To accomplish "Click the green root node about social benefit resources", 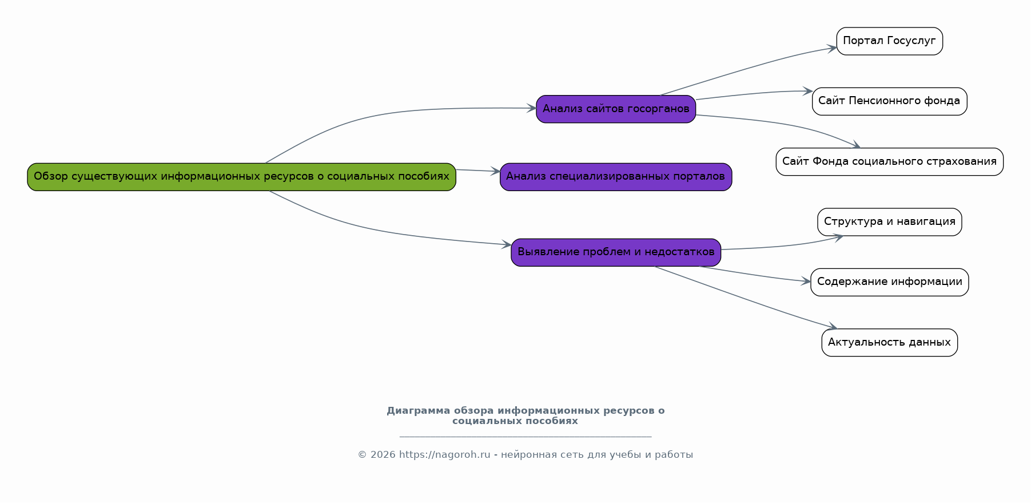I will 241,177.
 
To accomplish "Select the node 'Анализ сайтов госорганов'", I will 616,109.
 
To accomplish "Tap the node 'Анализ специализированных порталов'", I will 615,177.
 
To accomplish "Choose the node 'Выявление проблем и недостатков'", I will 616,252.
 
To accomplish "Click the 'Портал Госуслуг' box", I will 889,41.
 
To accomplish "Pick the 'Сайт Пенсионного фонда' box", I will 889,101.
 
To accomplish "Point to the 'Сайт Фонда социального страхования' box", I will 889,162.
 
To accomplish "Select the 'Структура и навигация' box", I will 889,222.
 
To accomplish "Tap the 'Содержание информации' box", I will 889,282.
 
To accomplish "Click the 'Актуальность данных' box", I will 889,343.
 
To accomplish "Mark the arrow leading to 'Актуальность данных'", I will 743,298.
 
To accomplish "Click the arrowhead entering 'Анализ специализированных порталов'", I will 496,171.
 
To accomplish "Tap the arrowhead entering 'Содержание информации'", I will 806,282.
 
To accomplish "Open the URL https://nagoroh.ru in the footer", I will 444,455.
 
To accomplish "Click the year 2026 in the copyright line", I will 383,455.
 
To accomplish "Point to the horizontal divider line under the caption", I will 525,437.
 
